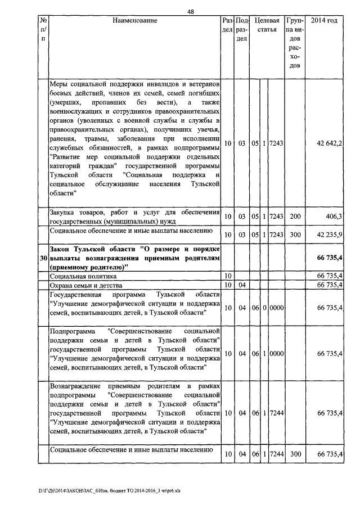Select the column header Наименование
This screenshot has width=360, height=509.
tap(135, 21)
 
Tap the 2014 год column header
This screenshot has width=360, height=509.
tap(324, 21)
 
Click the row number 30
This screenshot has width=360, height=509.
tap(43, 258)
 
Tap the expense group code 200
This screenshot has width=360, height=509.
tap(295, 216)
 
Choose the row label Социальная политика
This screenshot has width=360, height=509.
tap(83, 277)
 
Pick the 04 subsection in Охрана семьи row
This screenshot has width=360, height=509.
tap(241, 286)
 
